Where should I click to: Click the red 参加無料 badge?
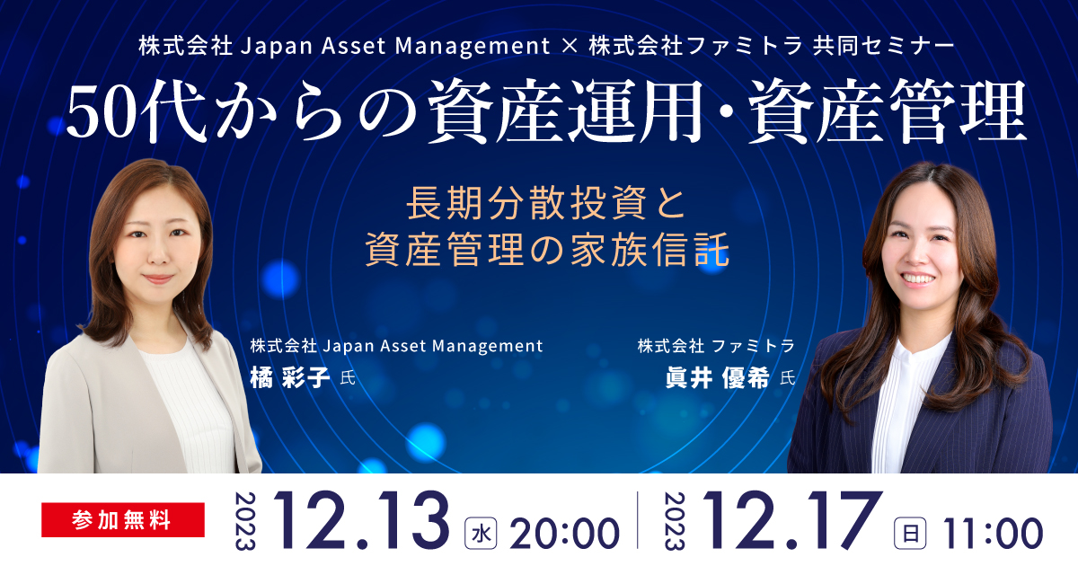123,520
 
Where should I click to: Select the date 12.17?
792,521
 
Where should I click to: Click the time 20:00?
564,534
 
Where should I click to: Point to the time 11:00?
993,534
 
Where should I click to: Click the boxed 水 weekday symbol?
481,534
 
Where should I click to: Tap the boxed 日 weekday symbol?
910,534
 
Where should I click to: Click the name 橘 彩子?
289,377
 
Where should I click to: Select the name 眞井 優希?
718,377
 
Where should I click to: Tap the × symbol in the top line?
570,46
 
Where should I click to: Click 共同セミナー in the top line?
884,46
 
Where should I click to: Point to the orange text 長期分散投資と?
547,203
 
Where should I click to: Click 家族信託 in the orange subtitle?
650,250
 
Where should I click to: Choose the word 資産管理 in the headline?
888,111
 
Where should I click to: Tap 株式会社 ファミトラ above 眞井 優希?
716,346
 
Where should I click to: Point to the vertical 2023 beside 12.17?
675,521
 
